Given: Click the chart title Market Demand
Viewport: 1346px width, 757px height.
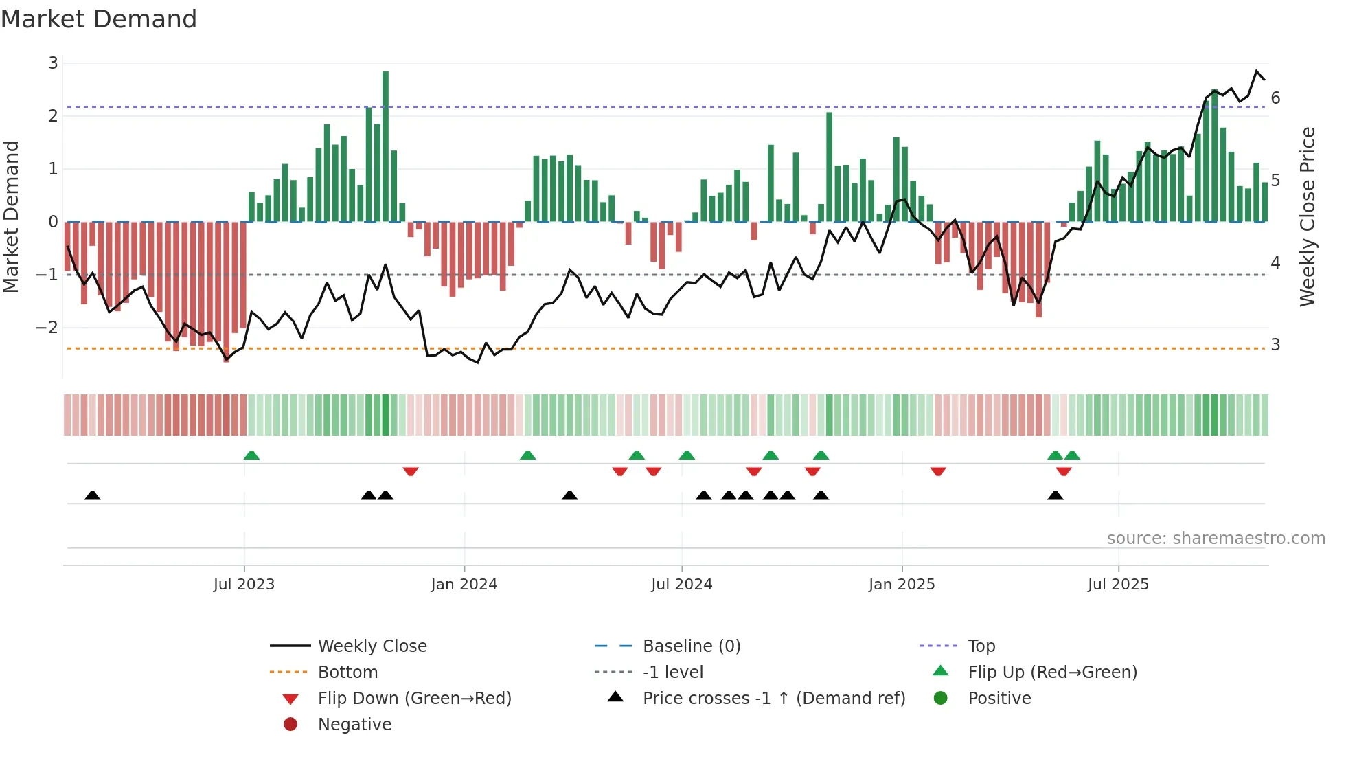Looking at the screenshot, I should pyautogui.click(x=99, y=19).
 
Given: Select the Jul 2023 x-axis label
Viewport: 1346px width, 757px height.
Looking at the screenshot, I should pyautogui.click(x=244, y=585).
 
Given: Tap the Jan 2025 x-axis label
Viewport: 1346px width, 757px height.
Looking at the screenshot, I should pyautogui.click(x=901, y=585).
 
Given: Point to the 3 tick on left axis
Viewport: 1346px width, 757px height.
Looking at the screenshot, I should pyautogui.click(x=53, y=63).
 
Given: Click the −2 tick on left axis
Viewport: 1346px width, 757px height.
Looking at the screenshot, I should pyautogui.click(x=47, y=328).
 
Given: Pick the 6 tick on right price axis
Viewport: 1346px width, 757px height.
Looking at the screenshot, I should pyautogui.click(x=1275, y=98).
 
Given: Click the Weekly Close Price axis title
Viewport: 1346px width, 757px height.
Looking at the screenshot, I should pyautogui.click(x=1308, y=216).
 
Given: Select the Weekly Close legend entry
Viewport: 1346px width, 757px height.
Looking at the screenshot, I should pyautogui.click(x=372, y=646).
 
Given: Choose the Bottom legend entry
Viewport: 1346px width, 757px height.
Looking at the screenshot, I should pyautogui.click(x=347, y=673).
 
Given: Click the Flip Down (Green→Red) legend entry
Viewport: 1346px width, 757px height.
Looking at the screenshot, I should pyautogui.click(x=414, y=699).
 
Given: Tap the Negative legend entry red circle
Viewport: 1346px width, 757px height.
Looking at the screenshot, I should pyautogui.click(x=290, y=725).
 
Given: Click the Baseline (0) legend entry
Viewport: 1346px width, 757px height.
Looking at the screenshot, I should pyautogui.click(x=691, y=646).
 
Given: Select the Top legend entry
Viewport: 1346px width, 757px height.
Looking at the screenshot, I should pyautogui.click(x=981, y=646).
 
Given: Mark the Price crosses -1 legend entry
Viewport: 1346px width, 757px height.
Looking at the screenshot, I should pyautogui.click(x=773, y=699).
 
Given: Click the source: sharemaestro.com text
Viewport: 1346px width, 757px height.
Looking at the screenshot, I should pyautogui.click(x=1216, y=539).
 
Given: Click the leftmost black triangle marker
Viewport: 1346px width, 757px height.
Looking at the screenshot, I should pyautogui.click(x=93, y=496).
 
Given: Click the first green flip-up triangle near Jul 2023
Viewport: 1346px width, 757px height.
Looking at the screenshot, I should pyautogui.click(x=251, y=455).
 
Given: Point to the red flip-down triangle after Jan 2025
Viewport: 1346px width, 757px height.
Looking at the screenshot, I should pyautogui.click(x=938, y=471).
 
